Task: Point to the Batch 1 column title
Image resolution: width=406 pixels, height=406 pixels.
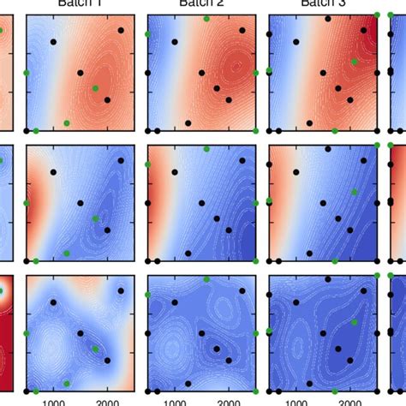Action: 80,3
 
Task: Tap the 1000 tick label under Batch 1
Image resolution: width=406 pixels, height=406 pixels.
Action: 54,399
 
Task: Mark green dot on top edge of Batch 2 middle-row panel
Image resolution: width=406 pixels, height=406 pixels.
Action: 207,149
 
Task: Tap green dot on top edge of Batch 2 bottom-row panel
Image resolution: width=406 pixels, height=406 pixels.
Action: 206,278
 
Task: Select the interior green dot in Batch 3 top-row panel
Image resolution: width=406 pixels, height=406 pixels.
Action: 354,61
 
